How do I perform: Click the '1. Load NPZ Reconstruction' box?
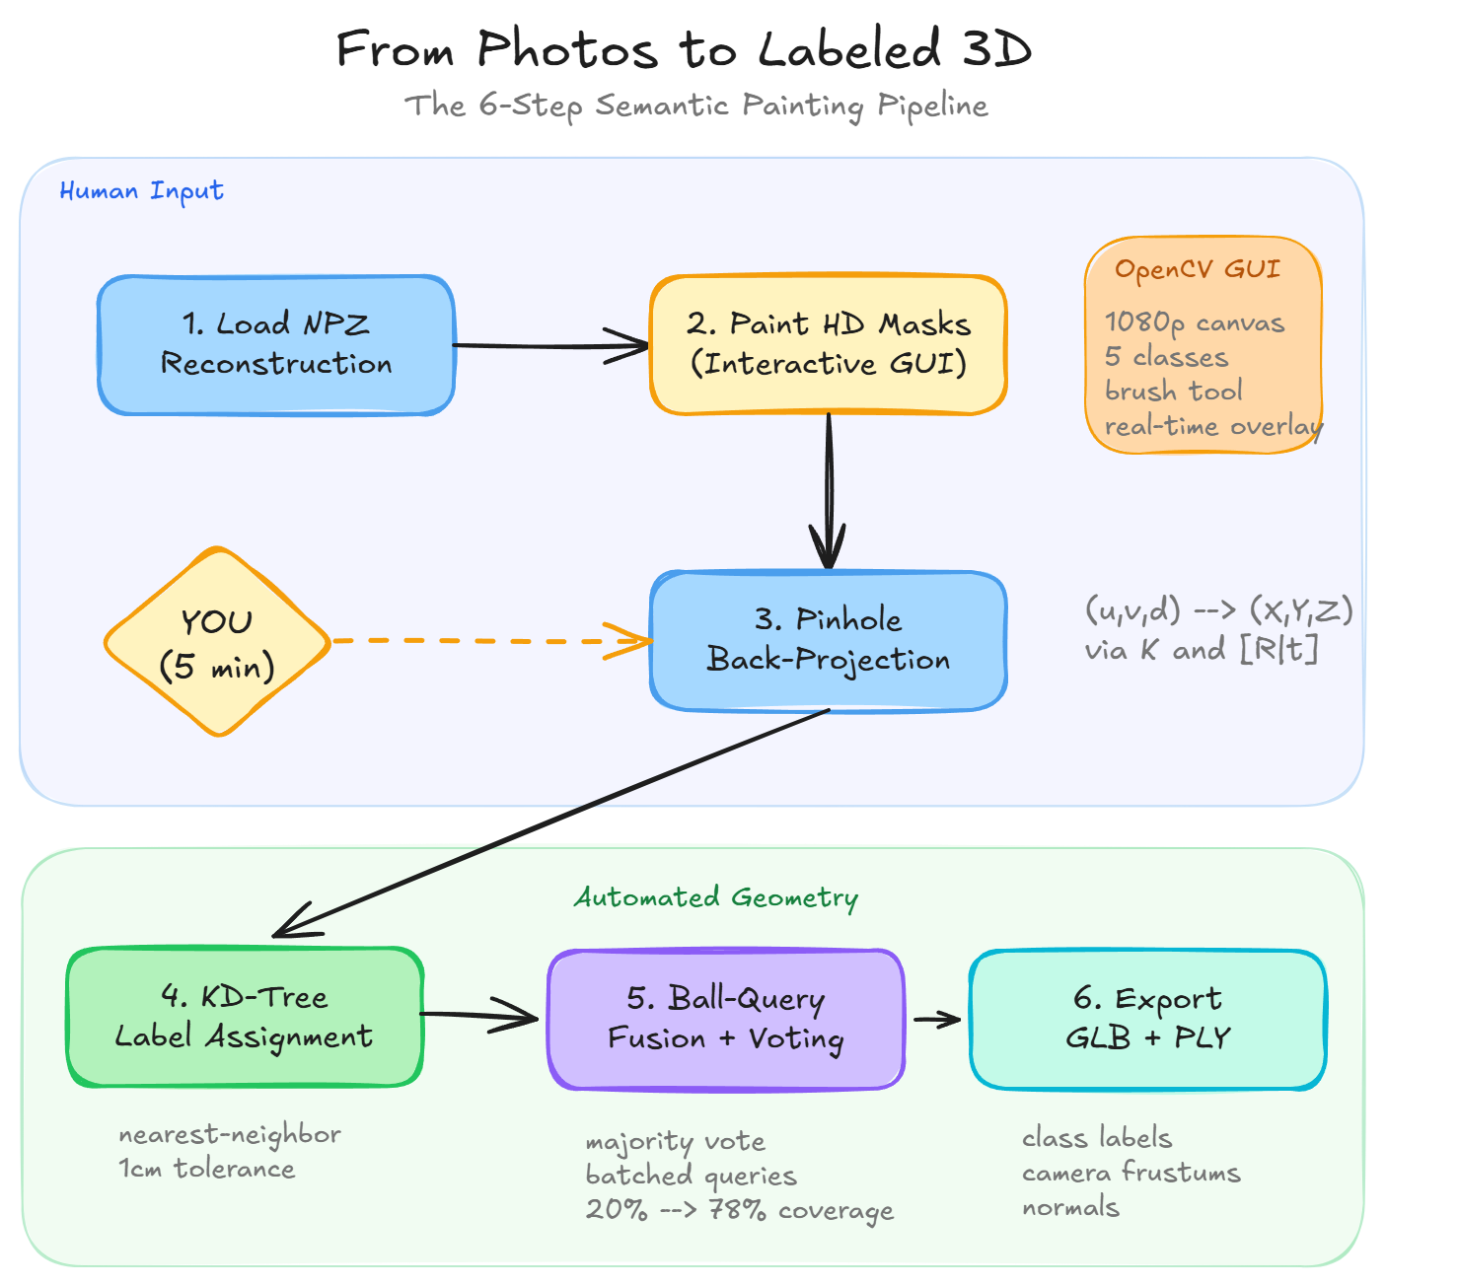[276, 344]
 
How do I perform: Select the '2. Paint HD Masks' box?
[828, 344]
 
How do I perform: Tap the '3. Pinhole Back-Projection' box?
[828, 640]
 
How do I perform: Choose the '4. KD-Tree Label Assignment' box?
[245, 1017]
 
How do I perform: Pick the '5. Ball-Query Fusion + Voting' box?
[726, 1019]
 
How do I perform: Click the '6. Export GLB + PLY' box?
[1147, 1019]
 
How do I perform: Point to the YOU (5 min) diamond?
[217, 642]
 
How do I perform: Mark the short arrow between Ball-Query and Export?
[936, 1019]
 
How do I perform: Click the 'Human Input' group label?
[141, 190]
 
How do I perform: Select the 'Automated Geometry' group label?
[716, 897]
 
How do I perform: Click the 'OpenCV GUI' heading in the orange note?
[1198, 269]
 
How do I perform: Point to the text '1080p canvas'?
[1195, 322]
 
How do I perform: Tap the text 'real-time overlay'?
[1213, 426]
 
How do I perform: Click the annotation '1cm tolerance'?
[206, 1169]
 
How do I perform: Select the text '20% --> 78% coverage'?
[739, 1210]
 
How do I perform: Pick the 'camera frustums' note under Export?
[1131, 1173]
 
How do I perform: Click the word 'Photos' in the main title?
[567, 49]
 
